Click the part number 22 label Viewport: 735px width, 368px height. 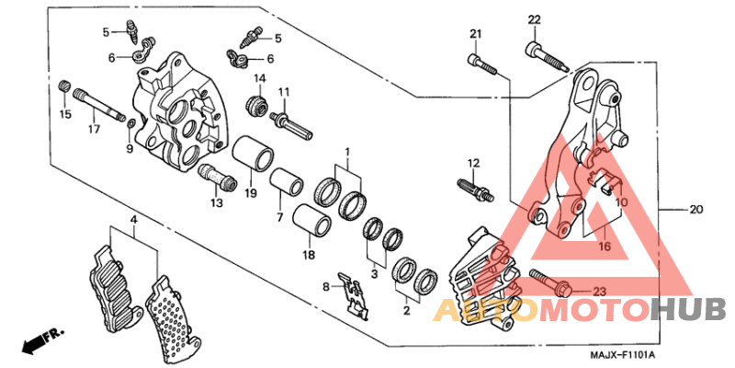tap(534, 20)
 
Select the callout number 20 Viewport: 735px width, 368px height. tap(695, 210)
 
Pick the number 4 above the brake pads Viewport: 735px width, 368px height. tap(132, 220)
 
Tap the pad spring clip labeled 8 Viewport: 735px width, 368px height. tap(349, 293)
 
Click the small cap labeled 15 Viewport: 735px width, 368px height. tap(64, 86)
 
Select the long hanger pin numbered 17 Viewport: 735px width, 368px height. tap(99, 103)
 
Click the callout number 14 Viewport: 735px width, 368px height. tap(259, 78)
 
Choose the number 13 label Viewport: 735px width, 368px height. tap(217, 203)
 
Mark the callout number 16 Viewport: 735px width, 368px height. tap(604, 247)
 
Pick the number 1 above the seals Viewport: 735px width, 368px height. tap(347, 151)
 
